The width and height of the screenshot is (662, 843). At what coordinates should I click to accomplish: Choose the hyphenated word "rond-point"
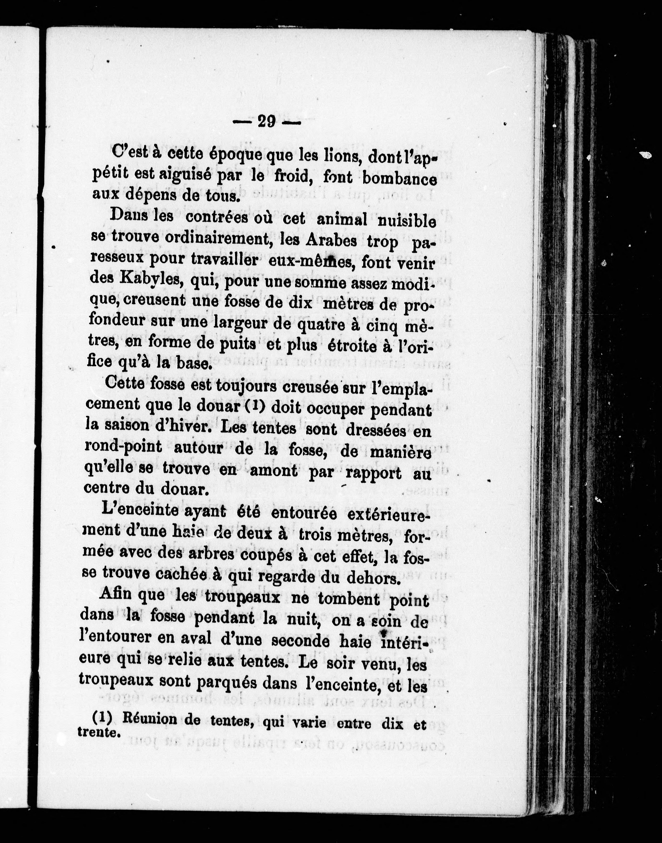click(123, 447)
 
